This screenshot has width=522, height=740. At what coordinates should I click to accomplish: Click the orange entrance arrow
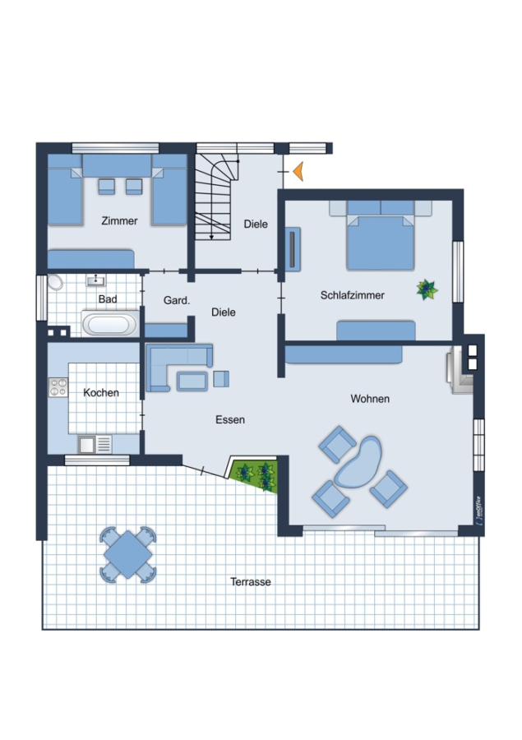point(298,171)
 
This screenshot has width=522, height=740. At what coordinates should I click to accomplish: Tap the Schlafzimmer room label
point(352,295)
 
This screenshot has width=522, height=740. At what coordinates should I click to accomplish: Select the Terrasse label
point(251,582)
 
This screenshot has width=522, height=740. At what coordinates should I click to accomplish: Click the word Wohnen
point(370,399)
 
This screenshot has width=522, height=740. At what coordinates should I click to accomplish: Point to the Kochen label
point(101,393)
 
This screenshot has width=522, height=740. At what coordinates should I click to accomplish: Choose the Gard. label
point(177,300)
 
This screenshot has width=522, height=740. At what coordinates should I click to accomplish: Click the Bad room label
point(108,299)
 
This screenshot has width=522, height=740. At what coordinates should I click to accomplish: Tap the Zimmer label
point(119,221)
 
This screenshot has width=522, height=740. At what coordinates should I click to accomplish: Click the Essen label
point(230,419)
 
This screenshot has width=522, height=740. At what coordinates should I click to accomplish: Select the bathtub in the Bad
point(109,324)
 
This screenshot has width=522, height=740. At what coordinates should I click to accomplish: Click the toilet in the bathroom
point(54,282)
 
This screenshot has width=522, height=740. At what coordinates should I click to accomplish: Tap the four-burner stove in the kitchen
point(58,387)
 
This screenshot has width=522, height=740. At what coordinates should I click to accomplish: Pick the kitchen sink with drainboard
point(95,444)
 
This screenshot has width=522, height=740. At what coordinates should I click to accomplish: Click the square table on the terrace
point(128,554)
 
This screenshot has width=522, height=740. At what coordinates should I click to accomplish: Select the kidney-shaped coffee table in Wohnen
point(358,462)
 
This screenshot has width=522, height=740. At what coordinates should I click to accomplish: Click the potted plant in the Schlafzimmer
point(427,289)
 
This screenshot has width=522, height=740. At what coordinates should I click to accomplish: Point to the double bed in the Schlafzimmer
point(381,236)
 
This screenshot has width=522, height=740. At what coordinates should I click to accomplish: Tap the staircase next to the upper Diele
point(215,197)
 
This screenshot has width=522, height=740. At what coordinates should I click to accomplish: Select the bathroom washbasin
point(96,281)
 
